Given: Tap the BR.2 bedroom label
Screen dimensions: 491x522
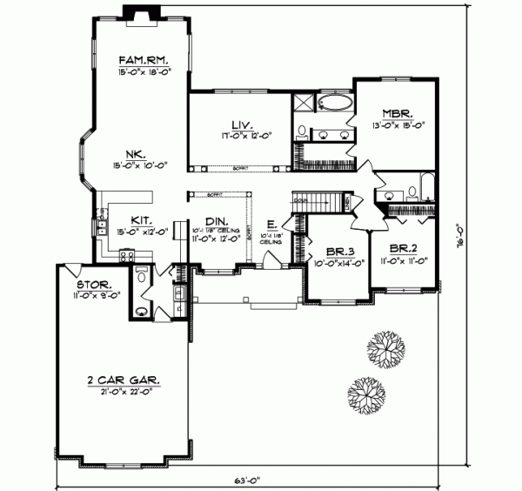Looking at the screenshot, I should pos(404,248).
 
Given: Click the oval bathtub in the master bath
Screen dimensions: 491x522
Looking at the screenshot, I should pos(335,104).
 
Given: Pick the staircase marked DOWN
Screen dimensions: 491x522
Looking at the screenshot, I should pos(312,201).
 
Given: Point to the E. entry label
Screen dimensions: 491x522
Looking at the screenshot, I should pos(271,224).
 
